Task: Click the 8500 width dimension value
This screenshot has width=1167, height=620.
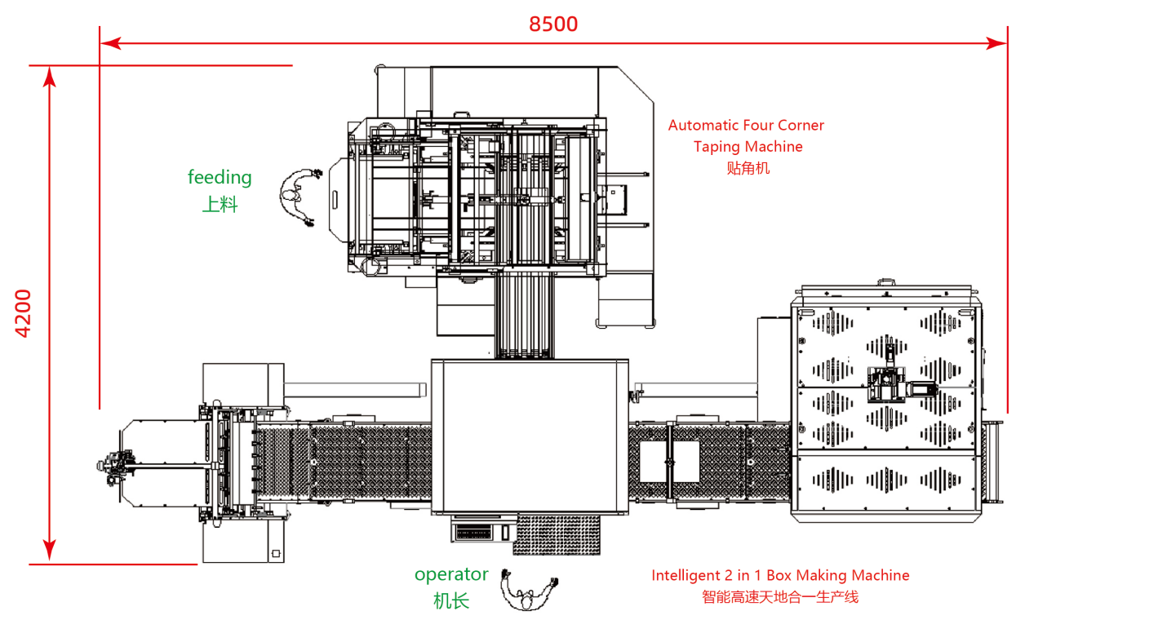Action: coord(553,24)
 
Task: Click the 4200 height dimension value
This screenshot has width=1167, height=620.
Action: coord(24,313)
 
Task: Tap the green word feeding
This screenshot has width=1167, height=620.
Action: coord(220,177)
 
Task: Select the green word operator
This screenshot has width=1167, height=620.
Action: coord(451,574)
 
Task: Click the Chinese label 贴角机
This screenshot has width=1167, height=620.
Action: coord(748,169)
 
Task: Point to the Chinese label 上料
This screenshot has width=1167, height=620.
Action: coord(220,205)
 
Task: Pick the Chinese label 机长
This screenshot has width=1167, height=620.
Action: coord(451,602)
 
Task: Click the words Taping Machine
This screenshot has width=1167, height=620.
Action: coord(748,147)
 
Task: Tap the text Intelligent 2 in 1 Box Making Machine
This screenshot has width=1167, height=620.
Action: coord(780,575)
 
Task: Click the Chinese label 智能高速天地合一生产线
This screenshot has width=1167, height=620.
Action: coord(780,597)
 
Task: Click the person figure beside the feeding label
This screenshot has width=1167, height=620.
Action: coord(297,197)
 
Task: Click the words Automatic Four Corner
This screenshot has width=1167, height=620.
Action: coord(746,126)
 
